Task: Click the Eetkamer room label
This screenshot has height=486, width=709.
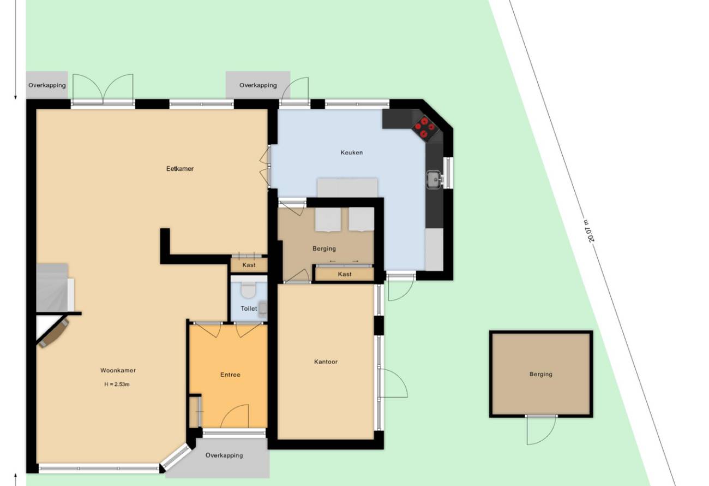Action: click(x=180, y=169)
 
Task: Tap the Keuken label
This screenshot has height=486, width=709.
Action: click(x=352, y=152)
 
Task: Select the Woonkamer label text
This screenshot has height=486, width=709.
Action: click(x=118, y=370)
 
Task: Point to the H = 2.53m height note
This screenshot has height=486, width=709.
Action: click(x=117, y=384)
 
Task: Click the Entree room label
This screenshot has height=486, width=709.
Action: click(x=230, y=375)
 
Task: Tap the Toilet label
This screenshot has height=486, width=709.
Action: click(x=249, y=309)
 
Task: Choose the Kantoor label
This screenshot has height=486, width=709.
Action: click(x=326, y=361)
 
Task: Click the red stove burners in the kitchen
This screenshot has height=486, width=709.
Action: click(x=424, y=127)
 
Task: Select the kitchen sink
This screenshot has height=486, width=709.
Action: click(x=435, y=179)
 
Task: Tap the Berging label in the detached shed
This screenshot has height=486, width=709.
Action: click(x=540, y=374)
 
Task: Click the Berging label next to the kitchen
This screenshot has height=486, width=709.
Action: click(x=324, y=248)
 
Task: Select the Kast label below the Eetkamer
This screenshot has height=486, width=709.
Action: click(x=249, y=265)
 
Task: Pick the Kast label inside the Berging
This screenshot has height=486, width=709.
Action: click(x=344, y=274)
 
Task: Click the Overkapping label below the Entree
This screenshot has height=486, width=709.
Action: click(x=224, y=455)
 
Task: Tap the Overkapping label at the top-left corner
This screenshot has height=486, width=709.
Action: click(x=47, y=85)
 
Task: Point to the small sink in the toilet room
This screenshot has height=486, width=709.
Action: click(x=263, y=309)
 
